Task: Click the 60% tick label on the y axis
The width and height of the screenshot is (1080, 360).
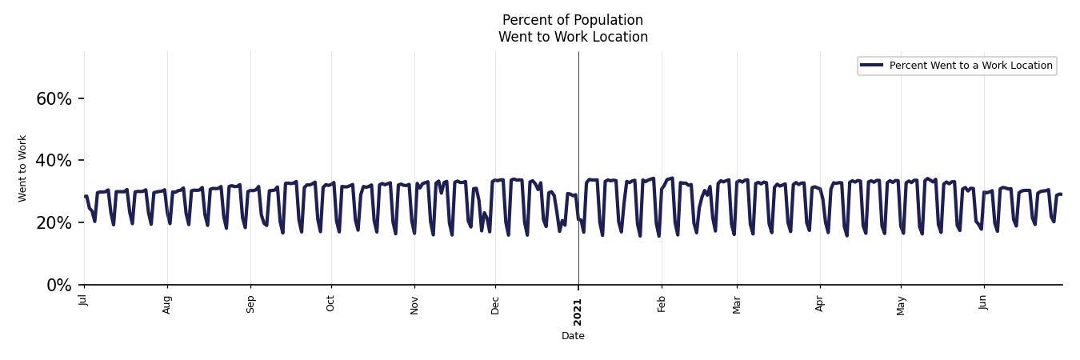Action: coord(54,99)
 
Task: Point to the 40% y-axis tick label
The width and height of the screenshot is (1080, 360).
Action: coord(54,161)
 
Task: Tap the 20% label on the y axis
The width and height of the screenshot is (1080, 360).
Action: coord(54,223)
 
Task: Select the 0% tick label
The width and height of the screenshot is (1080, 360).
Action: coord(59,286)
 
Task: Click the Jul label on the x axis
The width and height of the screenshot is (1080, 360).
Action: coord(84,300)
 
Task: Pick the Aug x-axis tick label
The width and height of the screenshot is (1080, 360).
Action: coord(167,304)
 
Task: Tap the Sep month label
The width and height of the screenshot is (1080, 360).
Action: coord(250,304)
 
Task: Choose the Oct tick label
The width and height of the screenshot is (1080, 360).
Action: coord(330,303)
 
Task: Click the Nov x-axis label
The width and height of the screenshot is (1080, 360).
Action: coord(414,304)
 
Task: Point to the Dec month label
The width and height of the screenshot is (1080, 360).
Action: coord(495,304)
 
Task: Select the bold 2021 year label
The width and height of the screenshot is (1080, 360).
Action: coord(578,310)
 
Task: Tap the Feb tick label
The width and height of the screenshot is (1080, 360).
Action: coord(662,303)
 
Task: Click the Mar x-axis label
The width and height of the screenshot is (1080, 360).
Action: coord(737,304)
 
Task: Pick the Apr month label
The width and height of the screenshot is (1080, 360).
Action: coord(820,303)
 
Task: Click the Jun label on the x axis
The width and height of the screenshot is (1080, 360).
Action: coord(983,303)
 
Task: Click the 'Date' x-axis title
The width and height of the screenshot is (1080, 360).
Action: coord(573,337)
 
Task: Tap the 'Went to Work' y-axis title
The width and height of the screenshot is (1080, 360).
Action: coord(22,168)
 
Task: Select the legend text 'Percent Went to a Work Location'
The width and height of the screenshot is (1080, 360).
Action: coord(970,66)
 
